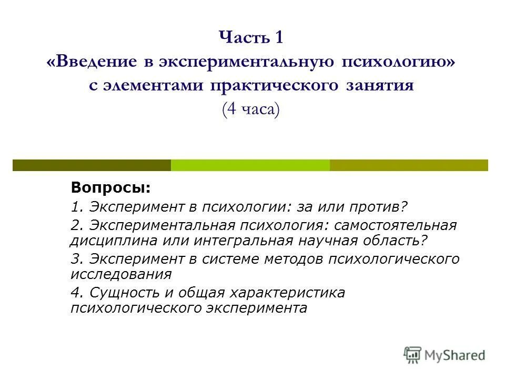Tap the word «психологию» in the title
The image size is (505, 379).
click(x=402, y=62)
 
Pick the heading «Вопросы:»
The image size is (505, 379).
click(x=111, y=188)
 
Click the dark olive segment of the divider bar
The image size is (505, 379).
click(x=92, y=165)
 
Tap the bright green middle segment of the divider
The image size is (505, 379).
click(x=250, y=165)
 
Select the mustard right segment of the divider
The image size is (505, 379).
click(x=409, y=165)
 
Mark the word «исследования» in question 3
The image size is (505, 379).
click(x=121, y=274)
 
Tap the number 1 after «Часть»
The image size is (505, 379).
click(x=279, y=38)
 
